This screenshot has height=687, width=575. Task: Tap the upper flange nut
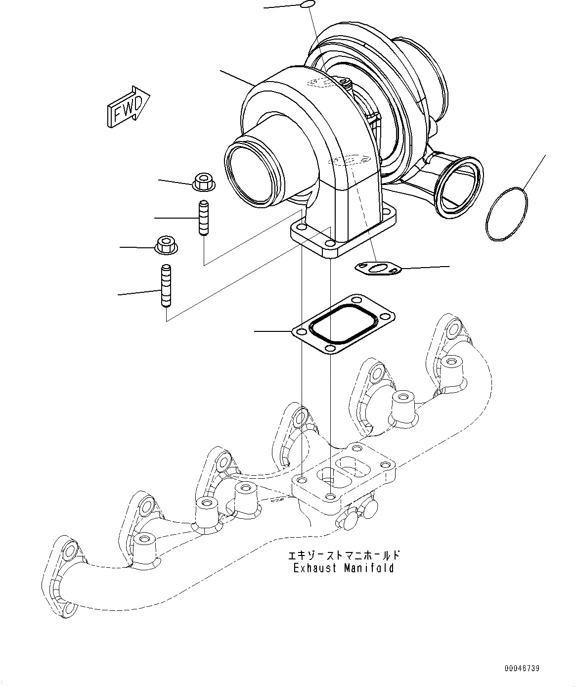click(x=203, y=182)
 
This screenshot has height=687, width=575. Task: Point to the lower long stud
click(x=166, y=286)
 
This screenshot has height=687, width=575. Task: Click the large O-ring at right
click(x=507, y=214)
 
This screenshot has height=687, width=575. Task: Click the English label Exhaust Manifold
click(x=344, y=568)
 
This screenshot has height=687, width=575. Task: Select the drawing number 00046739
click(x=522, y=669)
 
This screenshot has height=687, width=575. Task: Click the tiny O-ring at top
click(x=307, y=4)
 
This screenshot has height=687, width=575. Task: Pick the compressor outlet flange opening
click(x=458, y=187)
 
